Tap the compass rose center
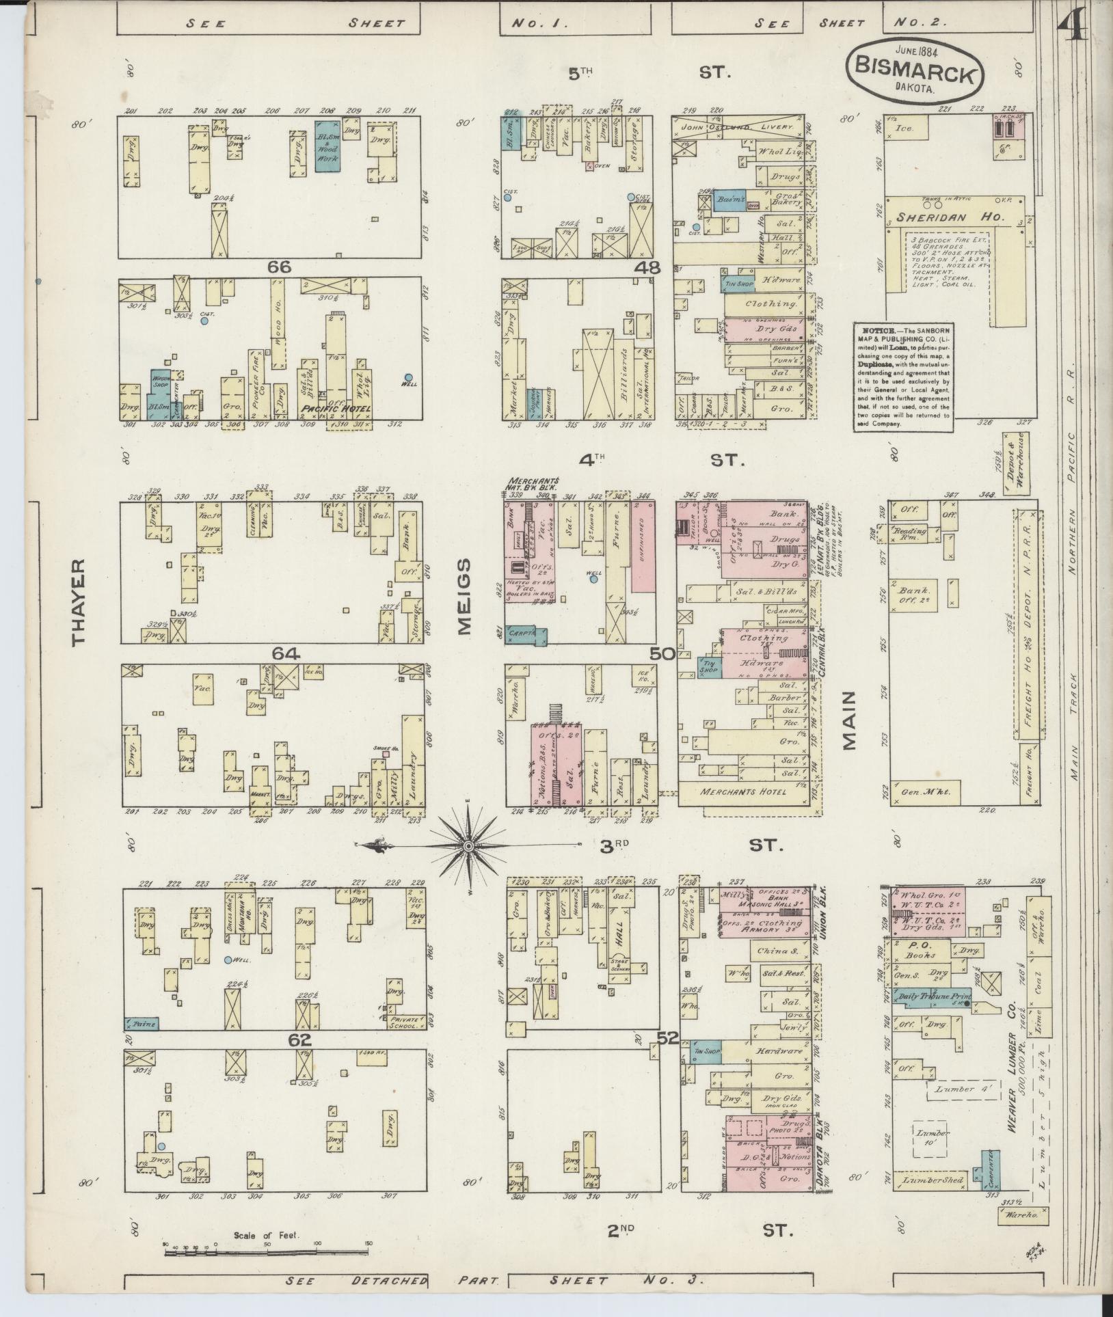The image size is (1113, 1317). [x=468, y=846]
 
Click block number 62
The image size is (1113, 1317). [x=299, y=1040]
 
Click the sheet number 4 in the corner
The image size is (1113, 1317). [x=1073, y=29]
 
